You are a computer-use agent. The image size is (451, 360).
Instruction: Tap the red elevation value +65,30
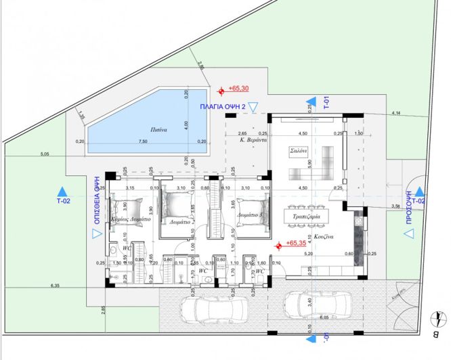(x=239, y=89)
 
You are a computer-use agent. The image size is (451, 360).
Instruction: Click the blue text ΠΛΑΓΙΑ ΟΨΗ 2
(x=222, y=107)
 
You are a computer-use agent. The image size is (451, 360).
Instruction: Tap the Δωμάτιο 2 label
(x=180, y=221)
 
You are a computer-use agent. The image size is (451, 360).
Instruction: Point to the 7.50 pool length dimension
(x=143, y=141)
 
